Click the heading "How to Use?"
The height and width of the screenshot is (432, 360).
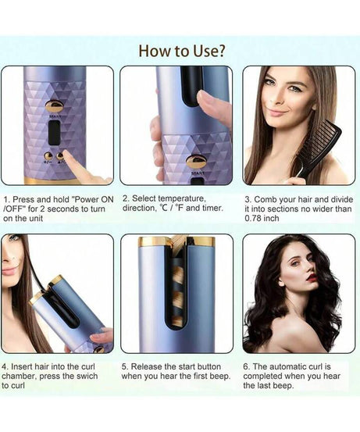[x=182, y=51]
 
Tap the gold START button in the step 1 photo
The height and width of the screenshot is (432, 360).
[x=55, y=106]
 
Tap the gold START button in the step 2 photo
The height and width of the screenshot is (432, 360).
[x=196, y=162]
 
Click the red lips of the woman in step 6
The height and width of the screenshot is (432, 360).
[x=312, y=277]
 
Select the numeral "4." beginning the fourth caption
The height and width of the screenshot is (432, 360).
[x=5, y=366]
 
